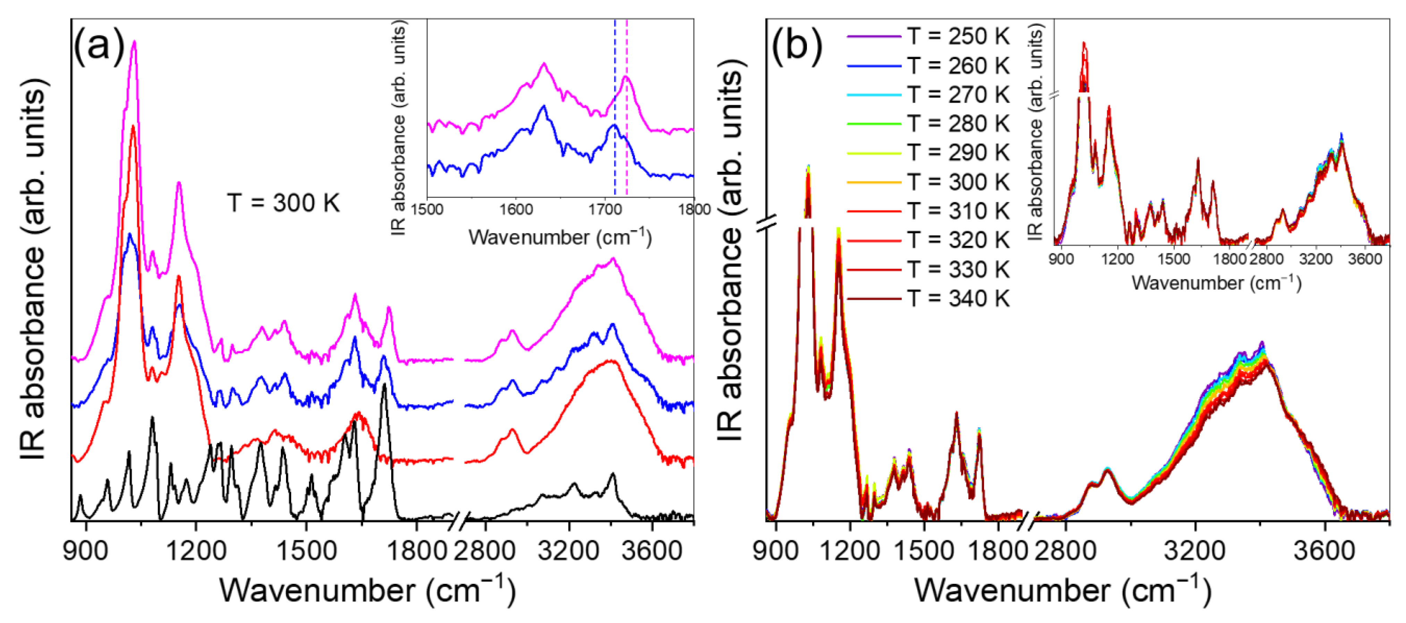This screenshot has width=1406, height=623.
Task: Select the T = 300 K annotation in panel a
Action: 283,203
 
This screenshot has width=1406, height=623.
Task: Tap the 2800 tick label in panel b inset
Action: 1266,258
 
